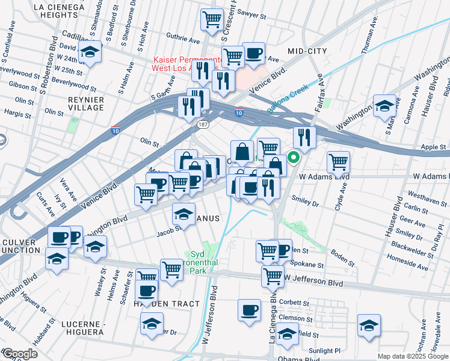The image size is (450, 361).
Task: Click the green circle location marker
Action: point(294,159)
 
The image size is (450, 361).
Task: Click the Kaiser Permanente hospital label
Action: point(186,64)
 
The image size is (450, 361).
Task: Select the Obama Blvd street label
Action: point(298,359)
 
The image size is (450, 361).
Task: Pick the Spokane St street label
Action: point(308,265)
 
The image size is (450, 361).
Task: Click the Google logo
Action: point(19,354)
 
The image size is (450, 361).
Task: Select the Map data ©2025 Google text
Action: point(412,356)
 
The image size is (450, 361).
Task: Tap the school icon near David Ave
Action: point(90,53)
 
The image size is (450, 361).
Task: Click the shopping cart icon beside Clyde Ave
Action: point(339,161)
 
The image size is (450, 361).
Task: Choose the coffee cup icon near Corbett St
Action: point(249,310)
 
